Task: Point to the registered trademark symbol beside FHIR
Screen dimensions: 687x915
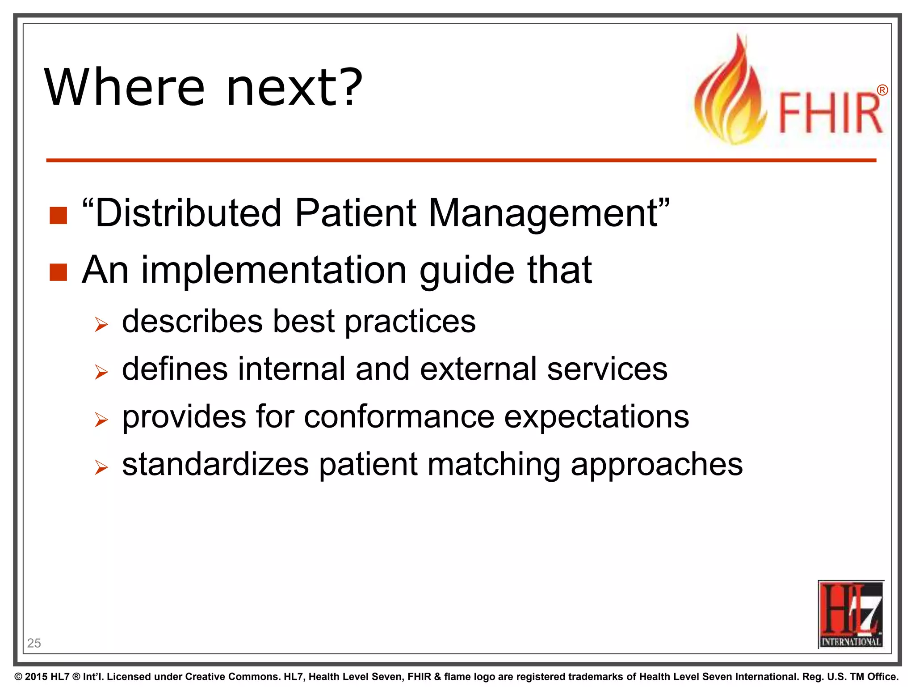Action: point(882,90)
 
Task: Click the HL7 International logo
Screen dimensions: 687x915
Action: point(851,615)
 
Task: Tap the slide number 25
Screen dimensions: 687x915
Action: point(34,643)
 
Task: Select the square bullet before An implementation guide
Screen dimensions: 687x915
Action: point(58,272)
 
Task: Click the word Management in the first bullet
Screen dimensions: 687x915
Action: point(543,213)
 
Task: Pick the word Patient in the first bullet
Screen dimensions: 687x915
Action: point(355,213)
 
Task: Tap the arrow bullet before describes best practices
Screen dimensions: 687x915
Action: point(101,324)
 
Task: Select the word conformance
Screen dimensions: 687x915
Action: point(399,417)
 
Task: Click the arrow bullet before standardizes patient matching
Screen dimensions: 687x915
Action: point(101,467)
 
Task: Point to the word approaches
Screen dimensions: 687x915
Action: point(656,465)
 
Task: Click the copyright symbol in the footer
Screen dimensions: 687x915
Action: point(18,677)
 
